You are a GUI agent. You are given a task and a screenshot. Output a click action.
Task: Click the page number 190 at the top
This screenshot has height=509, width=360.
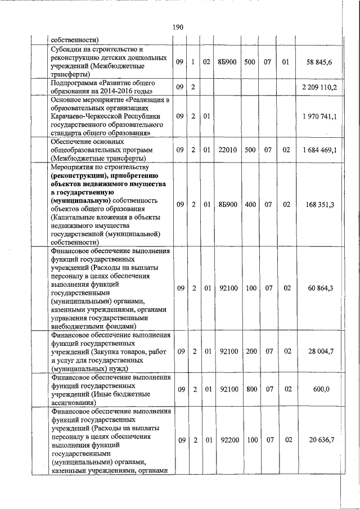tap(180, 27)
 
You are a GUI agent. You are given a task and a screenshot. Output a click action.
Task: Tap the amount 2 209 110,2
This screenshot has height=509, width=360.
tap(319, 87)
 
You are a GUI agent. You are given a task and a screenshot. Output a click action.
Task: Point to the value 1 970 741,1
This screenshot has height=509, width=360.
tap(319, 116)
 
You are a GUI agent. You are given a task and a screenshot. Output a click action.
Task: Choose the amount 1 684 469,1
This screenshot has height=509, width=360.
tap(319, 150)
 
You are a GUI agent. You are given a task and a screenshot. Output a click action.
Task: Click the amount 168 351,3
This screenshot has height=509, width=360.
tap(321, 204)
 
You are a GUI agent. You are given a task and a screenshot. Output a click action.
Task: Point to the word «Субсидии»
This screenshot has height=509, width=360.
tap(66, 49)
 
